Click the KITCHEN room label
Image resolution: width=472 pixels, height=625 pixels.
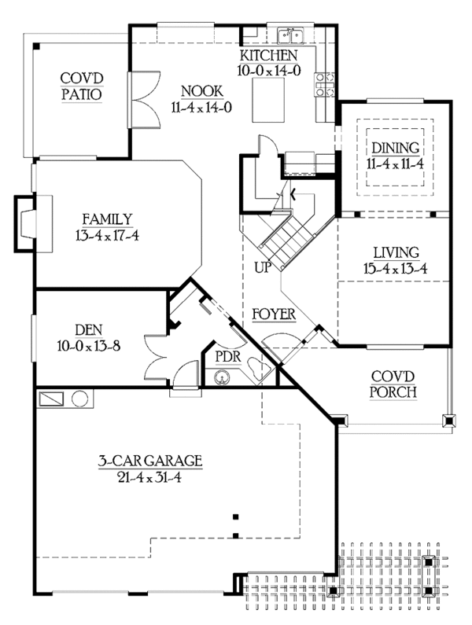tap(269, 55)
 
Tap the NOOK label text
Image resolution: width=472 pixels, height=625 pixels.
tap(201, 90)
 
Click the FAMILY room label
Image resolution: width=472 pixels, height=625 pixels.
tap(106, 219)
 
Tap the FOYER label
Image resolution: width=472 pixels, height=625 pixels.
tap(274, 314)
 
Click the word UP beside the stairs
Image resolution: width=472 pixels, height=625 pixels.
tap(262, 267)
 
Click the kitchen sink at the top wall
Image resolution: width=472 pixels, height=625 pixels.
tap(291, 35)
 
